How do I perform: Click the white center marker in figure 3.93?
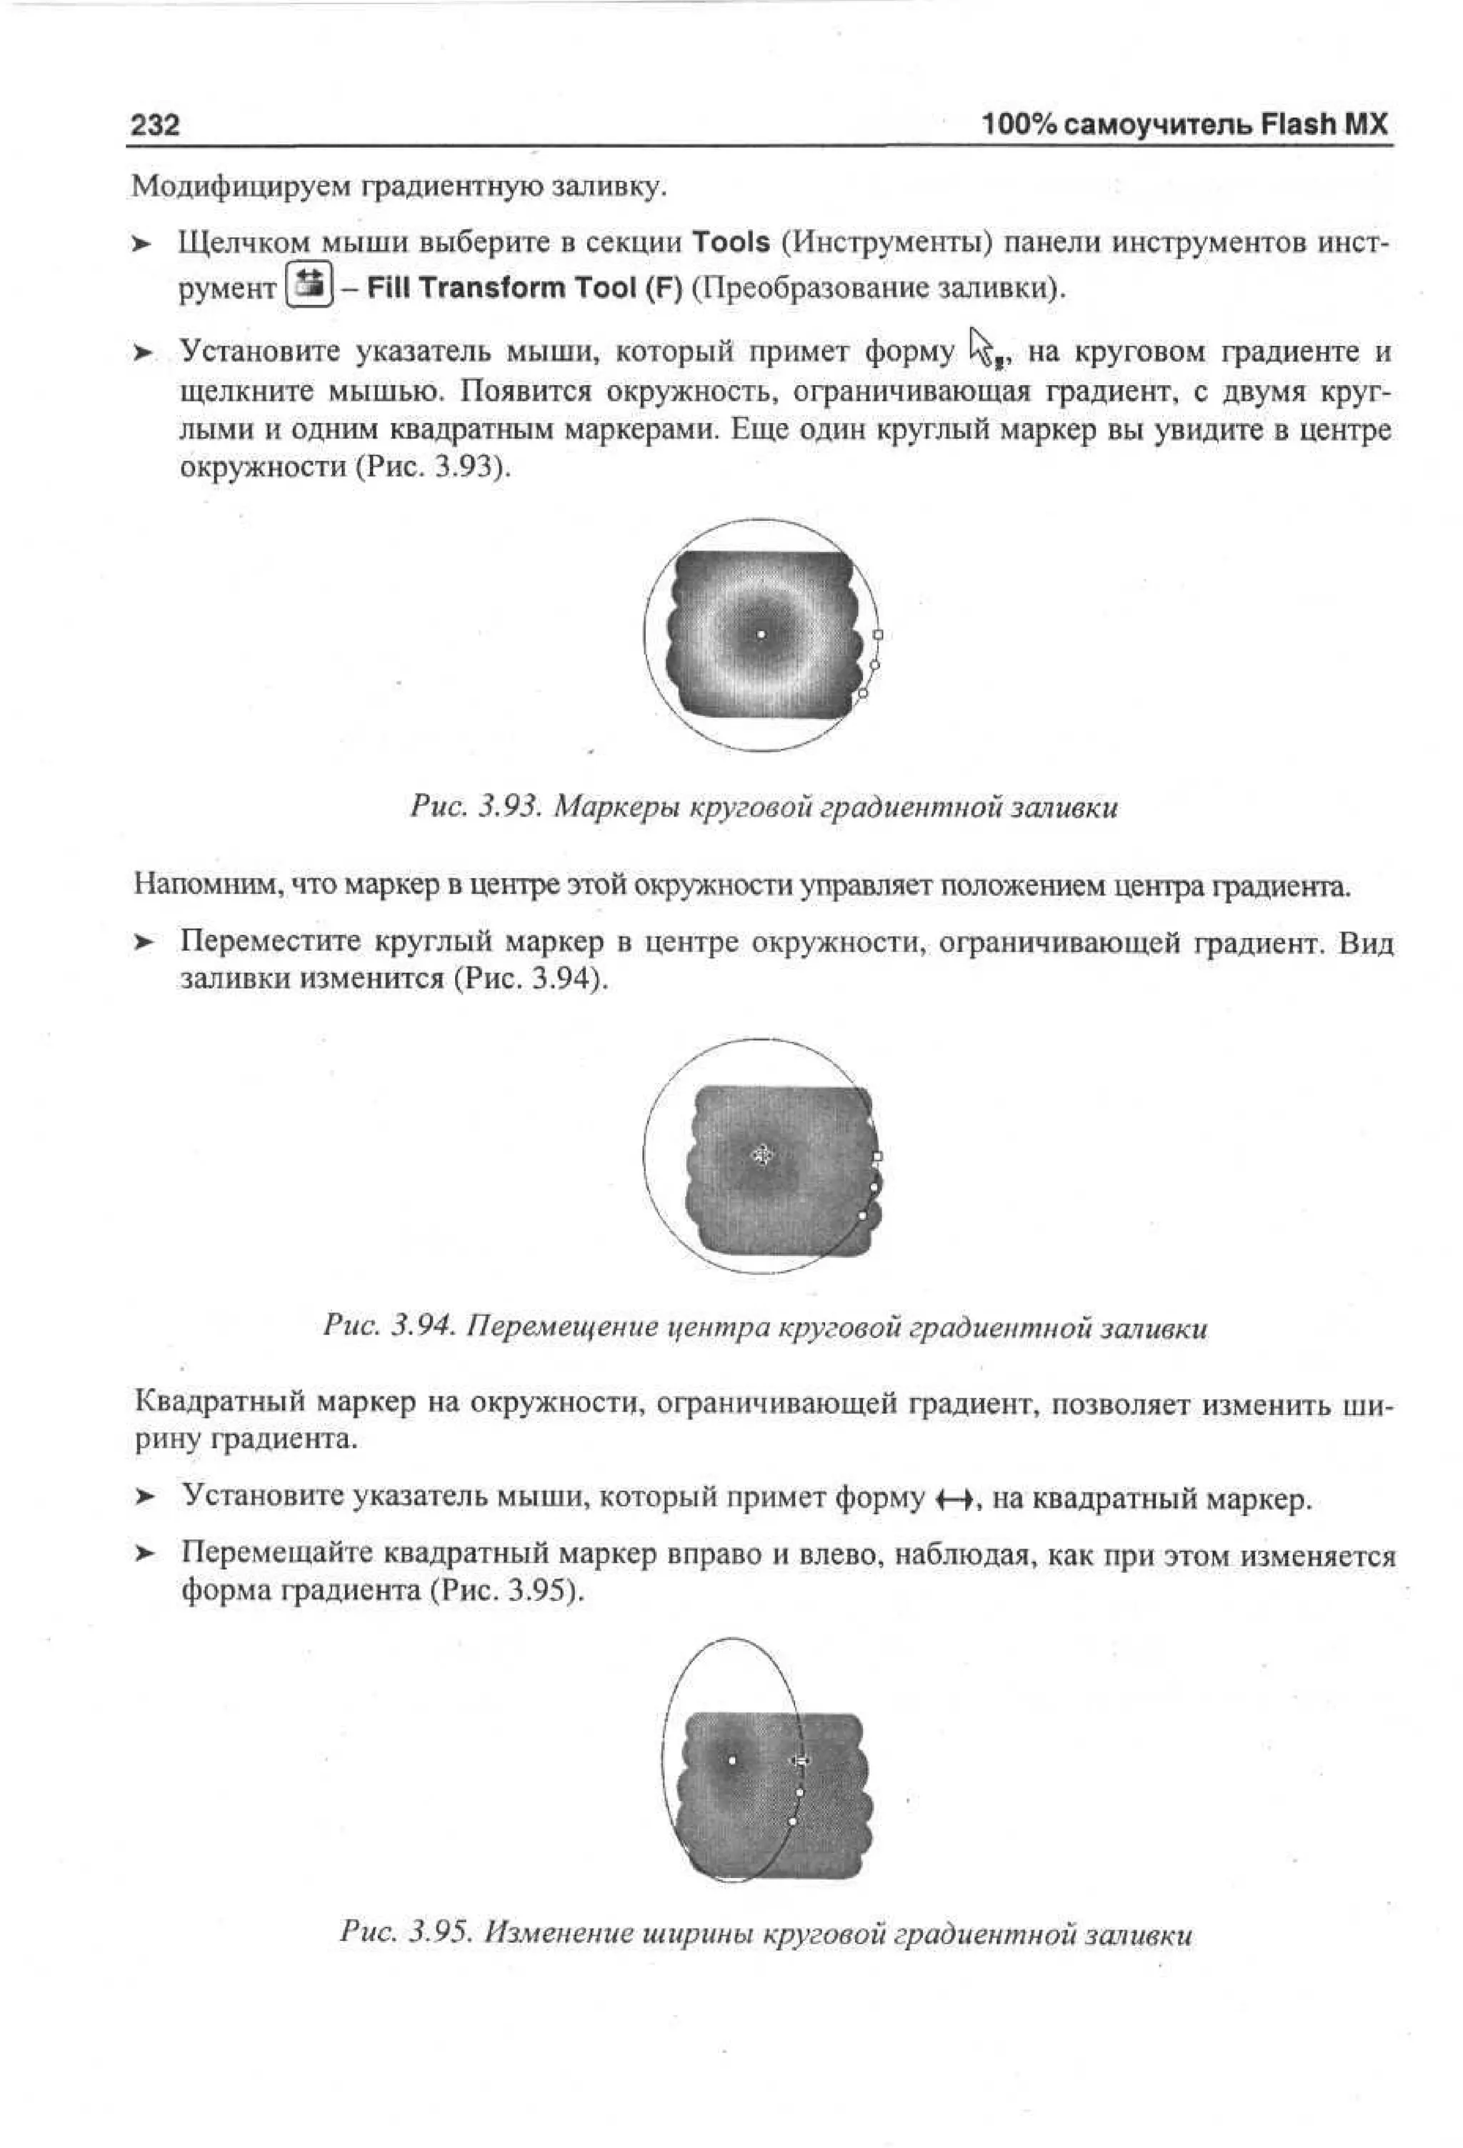(761, 634)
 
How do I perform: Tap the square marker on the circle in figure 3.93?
(878, 635)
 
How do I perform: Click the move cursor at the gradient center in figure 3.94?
(762, 1154)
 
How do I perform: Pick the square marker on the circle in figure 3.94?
(878, 1157)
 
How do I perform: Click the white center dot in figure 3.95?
(732, 1761)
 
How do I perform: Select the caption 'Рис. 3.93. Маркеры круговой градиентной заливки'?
(764, 809)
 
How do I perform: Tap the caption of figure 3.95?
(765, 1934)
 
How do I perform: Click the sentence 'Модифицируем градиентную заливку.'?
(399, 186)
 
